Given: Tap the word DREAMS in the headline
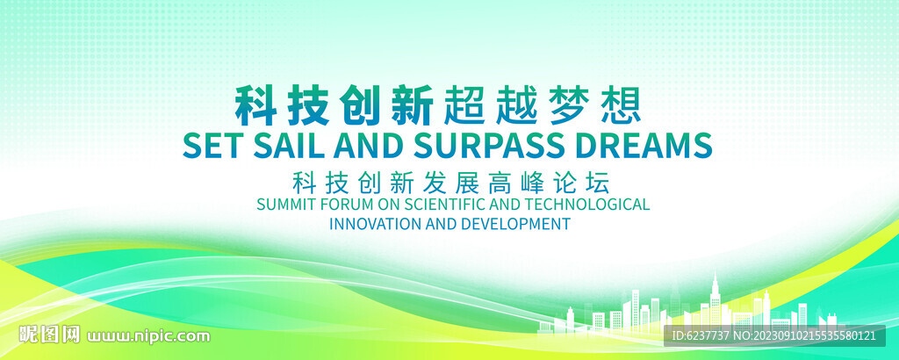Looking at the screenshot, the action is (x=644, y=146).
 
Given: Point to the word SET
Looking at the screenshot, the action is (x=213, y=146).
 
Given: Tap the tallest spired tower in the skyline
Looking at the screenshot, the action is (x=715, y=300).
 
